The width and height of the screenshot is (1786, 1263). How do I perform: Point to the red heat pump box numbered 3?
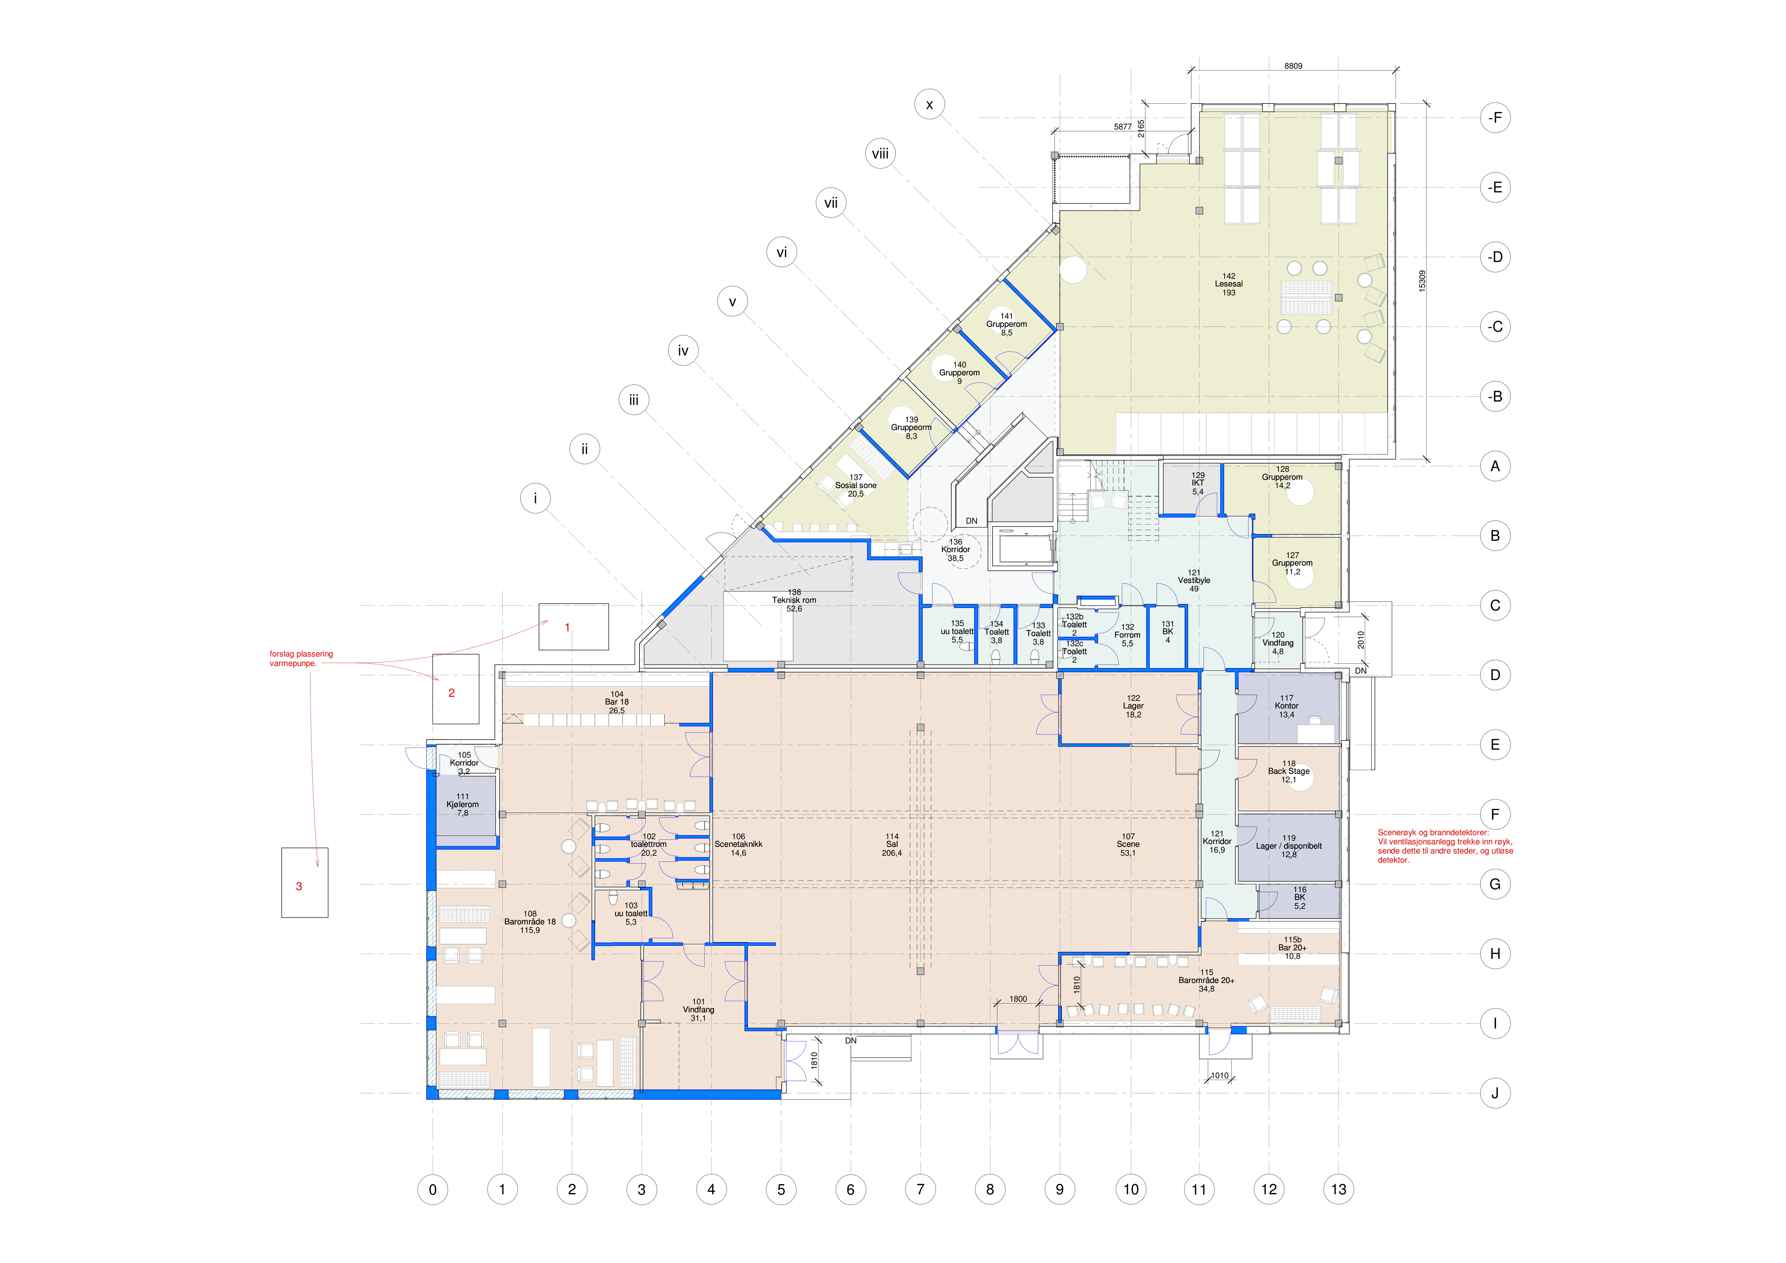pyautogui.click(x=305, y=883)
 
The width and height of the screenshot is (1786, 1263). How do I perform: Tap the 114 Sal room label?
pyautogui.click(x=892, y=845)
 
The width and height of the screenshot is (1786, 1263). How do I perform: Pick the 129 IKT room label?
pyautogui.click(x=1198, y=483)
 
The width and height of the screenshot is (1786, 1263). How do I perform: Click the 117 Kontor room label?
pyautogui.click(x=1287, y=706)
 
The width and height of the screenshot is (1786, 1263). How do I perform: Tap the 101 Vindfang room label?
pyautogui.click(x=698, y=1010)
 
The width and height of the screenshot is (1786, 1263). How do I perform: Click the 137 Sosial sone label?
pyautogui.click(x=856, y=485)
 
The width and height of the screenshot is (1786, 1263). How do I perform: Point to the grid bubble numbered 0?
pyautogui.click(x=432, y=1189)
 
